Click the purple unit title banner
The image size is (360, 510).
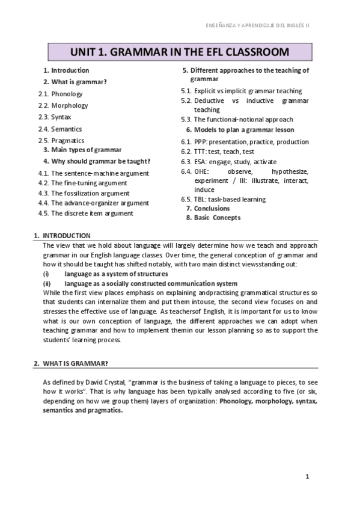(x=180, y=52)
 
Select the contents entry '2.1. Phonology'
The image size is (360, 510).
(x=60, y=94)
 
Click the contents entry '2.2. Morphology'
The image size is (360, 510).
(x=63, y=105)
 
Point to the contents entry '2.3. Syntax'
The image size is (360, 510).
(x=55, y=117)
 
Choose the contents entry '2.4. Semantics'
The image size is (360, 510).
(x=59, y=129)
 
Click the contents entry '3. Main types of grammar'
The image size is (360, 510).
(x=82, y=149)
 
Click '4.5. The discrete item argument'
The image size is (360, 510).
(x=85, y=213)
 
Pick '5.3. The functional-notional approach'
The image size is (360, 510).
(x=237, y=120)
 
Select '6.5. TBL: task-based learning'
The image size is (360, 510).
(x=223, y=199)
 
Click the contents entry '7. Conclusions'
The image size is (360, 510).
(x=207, y=208)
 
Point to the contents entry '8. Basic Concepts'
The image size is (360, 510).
(x=213, y=218)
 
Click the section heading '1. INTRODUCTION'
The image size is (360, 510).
(x=62, y=235)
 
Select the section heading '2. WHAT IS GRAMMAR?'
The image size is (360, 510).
(x=70, y=364)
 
